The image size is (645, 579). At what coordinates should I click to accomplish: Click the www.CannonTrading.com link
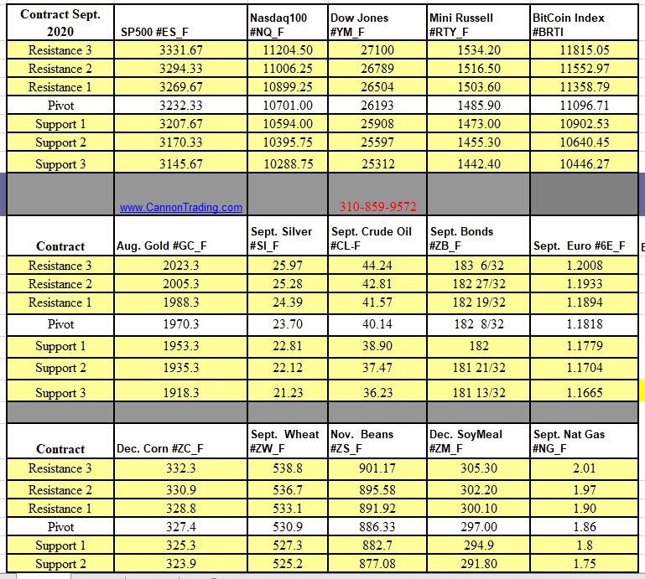pos(180,208)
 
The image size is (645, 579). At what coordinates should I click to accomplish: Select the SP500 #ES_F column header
pos(154,32)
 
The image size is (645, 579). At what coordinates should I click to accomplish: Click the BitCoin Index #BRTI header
pos(569,24)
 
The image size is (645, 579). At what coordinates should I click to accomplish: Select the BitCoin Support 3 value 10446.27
pos(584,164)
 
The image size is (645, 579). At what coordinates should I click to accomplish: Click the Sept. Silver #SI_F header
pos(281,239)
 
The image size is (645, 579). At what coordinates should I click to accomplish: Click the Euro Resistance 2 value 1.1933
pos(584,284)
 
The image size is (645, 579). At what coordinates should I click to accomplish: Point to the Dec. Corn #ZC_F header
pos(159,448)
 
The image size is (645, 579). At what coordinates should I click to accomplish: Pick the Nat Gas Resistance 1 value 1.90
pos(584,509)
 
